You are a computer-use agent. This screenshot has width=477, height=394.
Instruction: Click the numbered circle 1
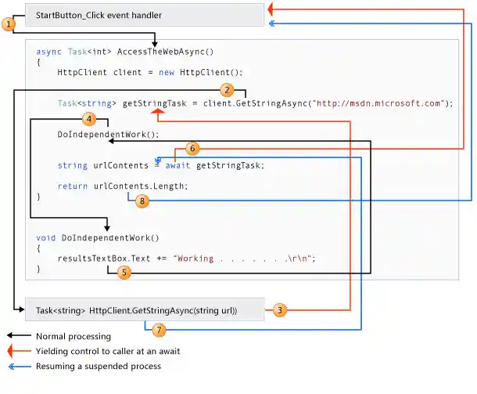click(9, 25)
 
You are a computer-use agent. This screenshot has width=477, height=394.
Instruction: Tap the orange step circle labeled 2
click(227, 90)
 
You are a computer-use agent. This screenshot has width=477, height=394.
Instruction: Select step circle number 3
click(279, 311)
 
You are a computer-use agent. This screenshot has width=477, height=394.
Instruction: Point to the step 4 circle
click(89, 120)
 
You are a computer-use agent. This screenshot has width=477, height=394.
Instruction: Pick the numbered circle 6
click(193, 148)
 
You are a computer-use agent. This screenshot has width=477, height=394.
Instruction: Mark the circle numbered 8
click(142, 201)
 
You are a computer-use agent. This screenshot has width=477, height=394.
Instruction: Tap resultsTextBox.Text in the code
click(103, 258)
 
